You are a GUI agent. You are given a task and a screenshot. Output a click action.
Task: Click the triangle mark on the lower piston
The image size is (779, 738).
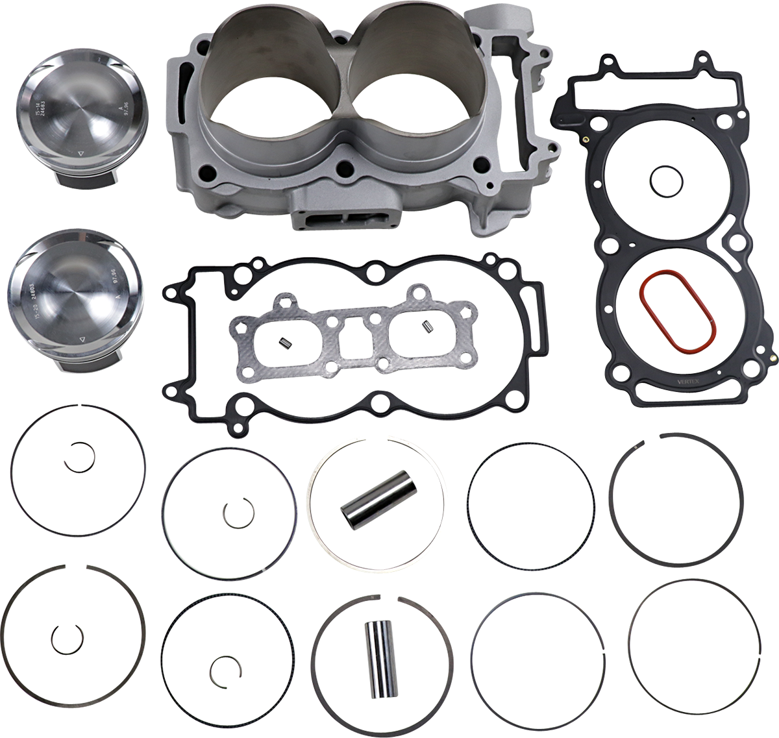point(82,339)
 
